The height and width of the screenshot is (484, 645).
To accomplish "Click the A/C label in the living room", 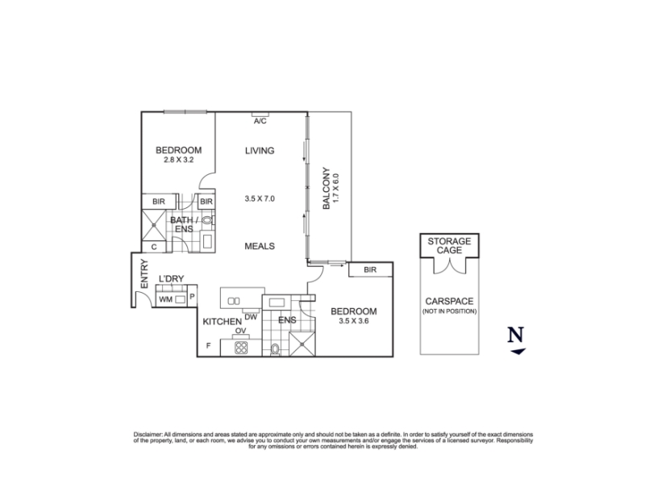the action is pos(260,121).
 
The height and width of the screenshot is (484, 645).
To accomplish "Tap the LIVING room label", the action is pos(260,151).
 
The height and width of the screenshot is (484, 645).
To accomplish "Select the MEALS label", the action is pos(260,246).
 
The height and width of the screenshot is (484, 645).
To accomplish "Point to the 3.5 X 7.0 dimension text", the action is pos(260,198).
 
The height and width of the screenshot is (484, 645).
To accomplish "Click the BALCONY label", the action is pos(327,188).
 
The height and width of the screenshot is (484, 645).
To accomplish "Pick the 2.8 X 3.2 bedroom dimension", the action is pos(178,160).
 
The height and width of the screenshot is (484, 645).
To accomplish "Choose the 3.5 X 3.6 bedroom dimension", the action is pos(354,320).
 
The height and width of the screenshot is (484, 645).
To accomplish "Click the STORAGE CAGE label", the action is pos(449,246).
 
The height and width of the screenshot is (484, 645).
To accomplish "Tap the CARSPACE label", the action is pos(449,301).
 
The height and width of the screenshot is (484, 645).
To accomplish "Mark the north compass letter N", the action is pos(515,335).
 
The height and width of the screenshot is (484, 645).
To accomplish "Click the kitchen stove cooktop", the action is pos(241,348).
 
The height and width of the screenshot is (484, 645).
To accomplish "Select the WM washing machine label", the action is pos(165,299).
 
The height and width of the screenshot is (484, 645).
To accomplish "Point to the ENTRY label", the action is pos(144,273).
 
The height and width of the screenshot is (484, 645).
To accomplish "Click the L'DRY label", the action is pos(171,278).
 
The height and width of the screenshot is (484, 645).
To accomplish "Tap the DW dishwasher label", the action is pos(251,317).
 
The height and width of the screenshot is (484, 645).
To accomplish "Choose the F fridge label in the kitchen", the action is pos(209,346).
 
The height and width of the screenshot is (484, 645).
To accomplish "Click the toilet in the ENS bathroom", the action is pos(275,349).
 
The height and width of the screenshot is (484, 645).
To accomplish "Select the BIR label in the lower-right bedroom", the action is pos(370,270).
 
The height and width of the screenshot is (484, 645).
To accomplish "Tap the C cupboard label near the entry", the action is pos(154,247).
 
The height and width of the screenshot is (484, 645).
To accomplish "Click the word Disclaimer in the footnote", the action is pos(148,434).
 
